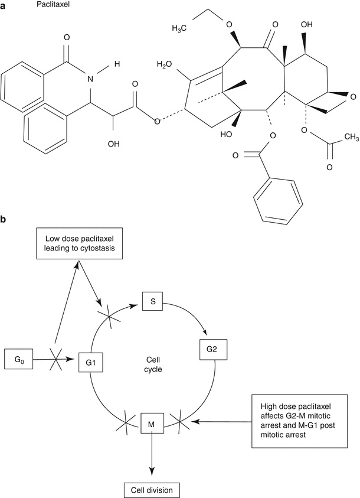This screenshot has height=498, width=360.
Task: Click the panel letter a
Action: click(x=5, y=4)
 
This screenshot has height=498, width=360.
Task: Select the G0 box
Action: click(x=19, y=357)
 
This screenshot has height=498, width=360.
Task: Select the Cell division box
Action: click(x=152, y=490)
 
